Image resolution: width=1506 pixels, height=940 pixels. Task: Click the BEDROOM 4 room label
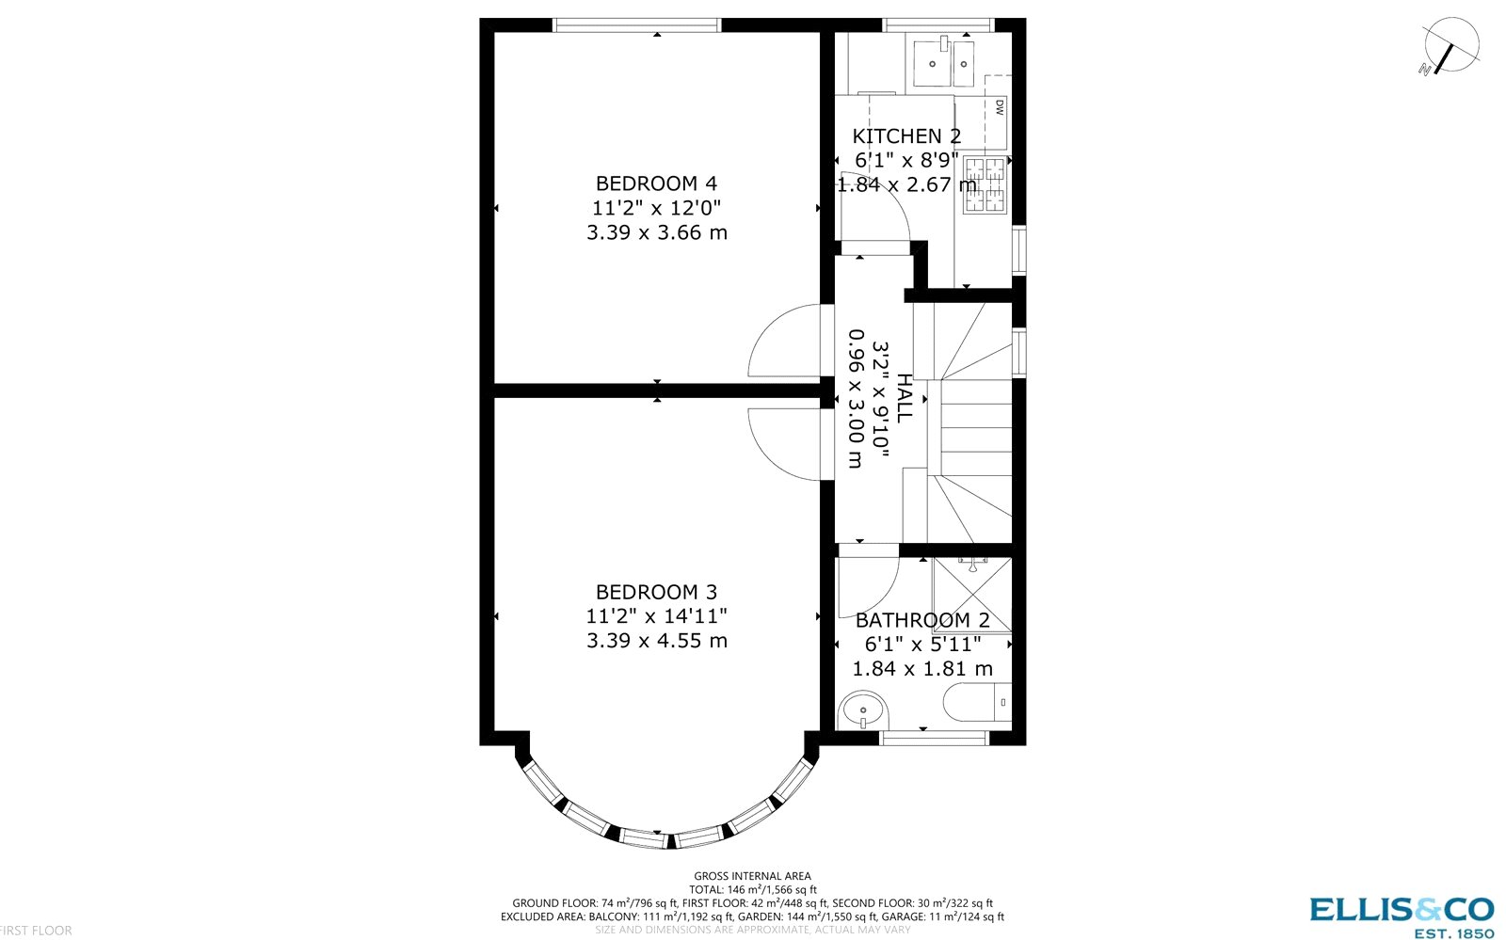point(656,183)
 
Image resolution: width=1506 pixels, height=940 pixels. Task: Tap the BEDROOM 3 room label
point(656,592)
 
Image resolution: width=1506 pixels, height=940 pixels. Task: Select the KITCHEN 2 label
point(906,136)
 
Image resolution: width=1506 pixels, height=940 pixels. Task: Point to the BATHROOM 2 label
point(922,620)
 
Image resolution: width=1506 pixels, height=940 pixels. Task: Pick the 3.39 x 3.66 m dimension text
point(656,232)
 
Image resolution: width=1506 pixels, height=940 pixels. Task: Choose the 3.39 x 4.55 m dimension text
point(656,641)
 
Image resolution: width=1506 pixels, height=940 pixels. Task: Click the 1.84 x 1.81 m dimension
point(922,669)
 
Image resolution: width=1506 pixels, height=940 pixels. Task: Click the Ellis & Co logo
point(1402,915)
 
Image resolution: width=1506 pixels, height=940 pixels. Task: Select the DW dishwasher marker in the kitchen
point(999,107)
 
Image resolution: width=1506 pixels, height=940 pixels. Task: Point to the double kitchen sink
point(947,63)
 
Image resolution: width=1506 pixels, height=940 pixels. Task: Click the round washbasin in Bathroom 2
point(863,711)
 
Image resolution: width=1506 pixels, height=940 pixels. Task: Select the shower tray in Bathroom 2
point(971,595)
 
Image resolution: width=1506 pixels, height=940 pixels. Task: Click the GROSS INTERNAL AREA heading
point(752,876)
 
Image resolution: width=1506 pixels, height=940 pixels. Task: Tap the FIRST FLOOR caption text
point(36,931)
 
